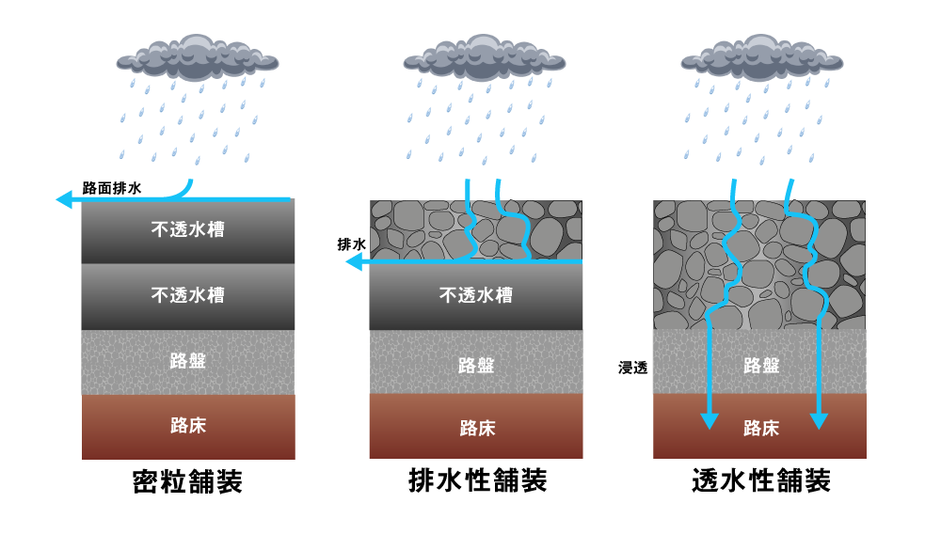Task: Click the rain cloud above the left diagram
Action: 197,58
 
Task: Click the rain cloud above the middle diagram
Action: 484,58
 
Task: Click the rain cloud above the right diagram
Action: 761,58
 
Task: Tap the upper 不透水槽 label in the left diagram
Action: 188,229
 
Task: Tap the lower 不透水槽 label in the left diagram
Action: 188,295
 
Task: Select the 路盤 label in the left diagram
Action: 188,361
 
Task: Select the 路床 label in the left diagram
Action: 188,426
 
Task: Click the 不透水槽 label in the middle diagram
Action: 476,295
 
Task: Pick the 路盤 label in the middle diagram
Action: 476,365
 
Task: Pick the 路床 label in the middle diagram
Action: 476,428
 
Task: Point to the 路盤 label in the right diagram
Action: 761,365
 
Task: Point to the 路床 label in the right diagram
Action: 761,429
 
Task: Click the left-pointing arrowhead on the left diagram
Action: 64,199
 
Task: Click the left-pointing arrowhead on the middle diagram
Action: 354,261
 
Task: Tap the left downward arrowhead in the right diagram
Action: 710,421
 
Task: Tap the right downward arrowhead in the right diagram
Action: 819,421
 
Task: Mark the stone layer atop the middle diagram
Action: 423,229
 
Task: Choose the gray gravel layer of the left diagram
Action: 122,362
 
